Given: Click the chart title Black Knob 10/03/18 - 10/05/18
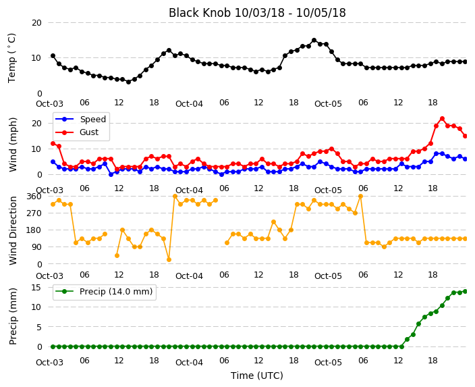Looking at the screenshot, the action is pyautogui.click(x=257, y=13).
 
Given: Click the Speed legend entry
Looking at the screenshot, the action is pyautogui.click(x=80, y=119).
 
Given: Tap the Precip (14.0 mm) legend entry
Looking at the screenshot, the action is pyautogui.click(x=104, y=292).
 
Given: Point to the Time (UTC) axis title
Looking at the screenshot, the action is pyautogui.click(x=257, y=376).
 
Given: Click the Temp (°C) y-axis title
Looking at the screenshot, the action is pyautogui.click(x=12, y=58).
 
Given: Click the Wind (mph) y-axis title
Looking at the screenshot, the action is pyautogui.click(x=13, y=145).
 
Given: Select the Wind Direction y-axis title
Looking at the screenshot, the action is pyautogui.click(x=13, y=230).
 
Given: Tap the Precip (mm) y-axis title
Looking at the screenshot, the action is pyautogui.click(x=13, y=316).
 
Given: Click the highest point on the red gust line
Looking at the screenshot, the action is pyautogui.click(x=442, y=119).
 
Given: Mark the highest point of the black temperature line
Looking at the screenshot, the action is pyautogui.click(x=314, y=41).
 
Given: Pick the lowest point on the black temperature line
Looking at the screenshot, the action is pyautogui.click(x=128, y=82).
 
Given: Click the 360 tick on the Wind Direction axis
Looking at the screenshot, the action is pyautogui.click(x=34, y=197).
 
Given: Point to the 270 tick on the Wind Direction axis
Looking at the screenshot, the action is pyautogui.click(x=34, y=213).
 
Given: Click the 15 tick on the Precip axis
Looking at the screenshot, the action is pyautogui.click(x=36, y=287).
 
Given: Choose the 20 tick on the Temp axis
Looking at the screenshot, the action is pyautogui.click(x=36, y=23).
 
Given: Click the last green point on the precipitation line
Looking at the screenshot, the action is pyautogui.click(x=466, y=292).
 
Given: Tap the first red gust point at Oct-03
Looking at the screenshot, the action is pyautogui.click(x=53, y=143).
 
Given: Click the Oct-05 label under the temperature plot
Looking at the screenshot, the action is pyautogui.click(x=328, y=104).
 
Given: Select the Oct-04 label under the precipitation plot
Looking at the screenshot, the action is pyautogui.click(x=189, y=363).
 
